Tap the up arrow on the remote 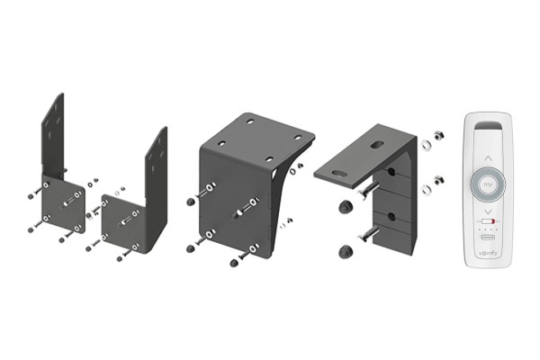(489, 158)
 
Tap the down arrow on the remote (489, 211)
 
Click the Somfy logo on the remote (488, 253)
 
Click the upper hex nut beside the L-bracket (438, 135)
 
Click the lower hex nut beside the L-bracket (439, 179)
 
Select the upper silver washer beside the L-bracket (426, 144)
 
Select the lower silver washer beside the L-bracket (427, 189)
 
